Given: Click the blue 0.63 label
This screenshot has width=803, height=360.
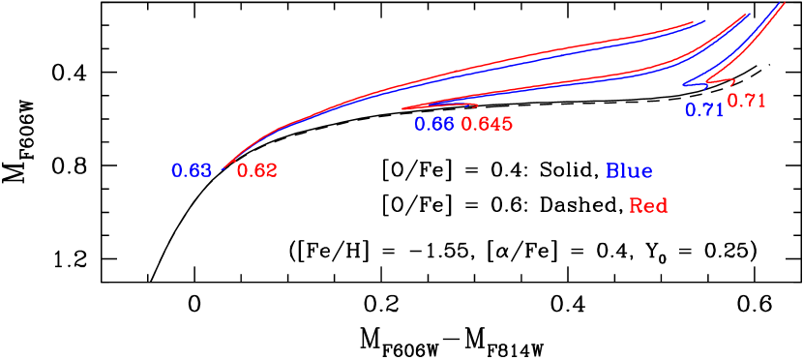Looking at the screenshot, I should click(x=192, y=171).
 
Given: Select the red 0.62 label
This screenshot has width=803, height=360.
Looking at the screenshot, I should click(x=256, y=171).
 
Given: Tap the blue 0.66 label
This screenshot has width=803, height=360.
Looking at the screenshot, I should click(x=434, y=124).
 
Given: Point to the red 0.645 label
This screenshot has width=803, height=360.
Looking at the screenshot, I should click(x=487, y=124).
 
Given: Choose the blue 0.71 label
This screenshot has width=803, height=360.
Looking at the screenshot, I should click(x=704, y=110).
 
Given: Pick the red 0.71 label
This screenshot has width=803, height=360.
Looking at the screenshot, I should click(x=747, y=100).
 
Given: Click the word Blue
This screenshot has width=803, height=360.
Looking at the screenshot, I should click(x=629, y=171).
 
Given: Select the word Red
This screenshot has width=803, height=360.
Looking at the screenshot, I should click(x=648, y=206).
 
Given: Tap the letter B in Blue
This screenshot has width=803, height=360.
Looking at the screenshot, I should click(x=612, y=171).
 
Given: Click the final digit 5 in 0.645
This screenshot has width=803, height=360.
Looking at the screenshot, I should click(x=506, y=124).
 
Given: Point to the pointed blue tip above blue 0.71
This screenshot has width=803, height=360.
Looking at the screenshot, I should click(x=685, y=85).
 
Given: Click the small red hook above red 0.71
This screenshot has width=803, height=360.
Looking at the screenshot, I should click(x=732, y=82).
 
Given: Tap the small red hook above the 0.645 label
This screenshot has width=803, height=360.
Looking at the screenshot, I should click(x=474, y=105).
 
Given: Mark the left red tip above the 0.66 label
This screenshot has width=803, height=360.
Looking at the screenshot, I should click(x=403, y=107).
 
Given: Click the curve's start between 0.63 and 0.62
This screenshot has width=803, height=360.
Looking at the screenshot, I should click(x=224, y=168).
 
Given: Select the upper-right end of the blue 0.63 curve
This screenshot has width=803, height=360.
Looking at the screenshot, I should click(x=705, y=20).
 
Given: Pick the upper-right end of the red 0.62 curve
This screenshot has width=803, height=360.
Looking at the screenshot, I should click(x=694, y=22).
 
